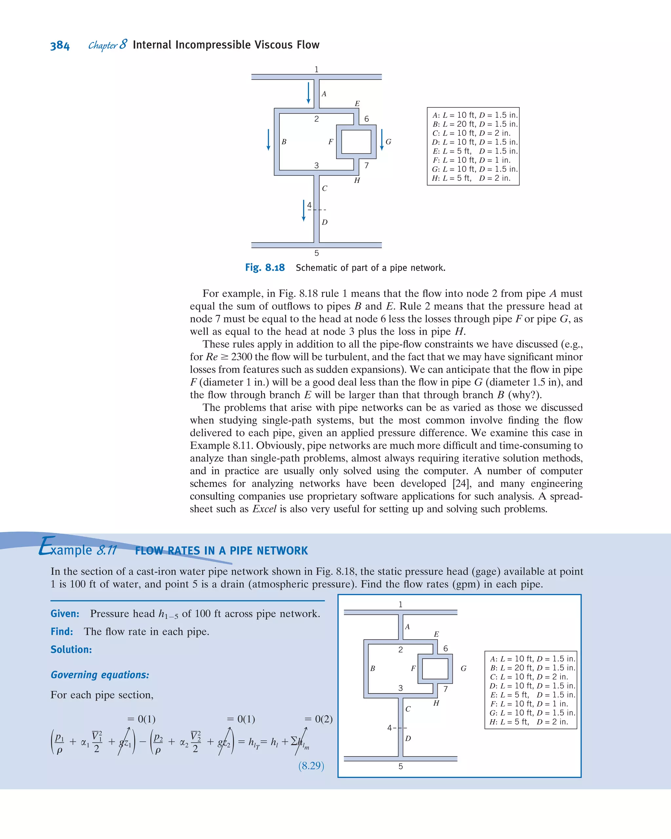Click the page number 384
coord(60,46)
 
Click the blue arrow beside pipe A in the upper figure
coord(308,93)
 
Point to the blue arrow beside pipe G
coord(382,140)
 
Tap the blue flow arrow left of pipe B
coord(268,140)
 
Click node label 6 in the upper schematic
coord(366,119)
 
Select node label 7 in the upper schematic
coord(366,165)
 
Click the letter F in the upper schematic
coord(331,142)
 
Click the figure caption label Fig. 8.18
coord(265,268)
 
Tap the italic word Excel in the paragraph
coord(264,509)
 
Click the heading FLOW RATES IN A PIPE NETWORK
coord(221,551)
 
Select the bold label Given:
coord(65,614)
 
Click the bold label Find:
coord(62,631)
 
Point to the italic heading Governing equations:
coord(100,675)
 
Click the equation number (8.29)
coord(311,766)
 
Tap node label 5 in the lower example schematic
coord(400,766)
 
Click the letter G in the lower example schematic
coord(463,668)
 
